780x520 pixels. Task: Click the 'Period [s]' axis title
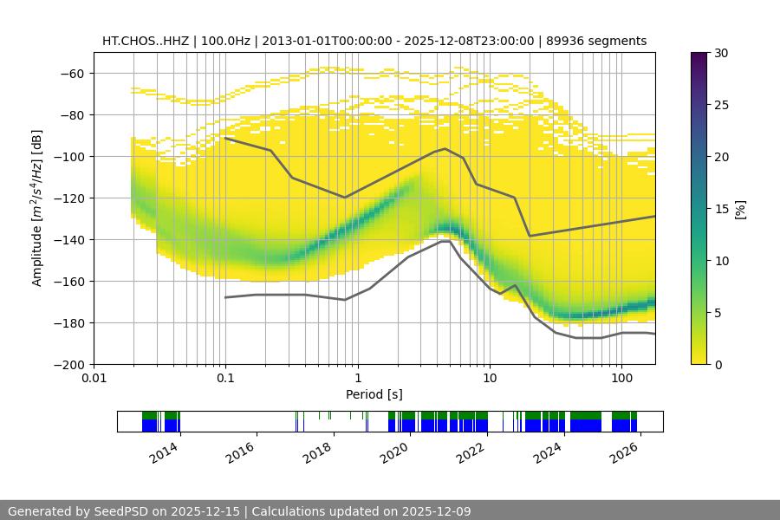374,394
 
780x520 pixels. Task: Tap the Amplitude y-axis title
37,208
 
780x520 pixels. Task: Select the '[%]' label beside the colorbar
740,209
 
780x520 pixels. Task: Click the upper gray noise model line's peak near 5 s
445,148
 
